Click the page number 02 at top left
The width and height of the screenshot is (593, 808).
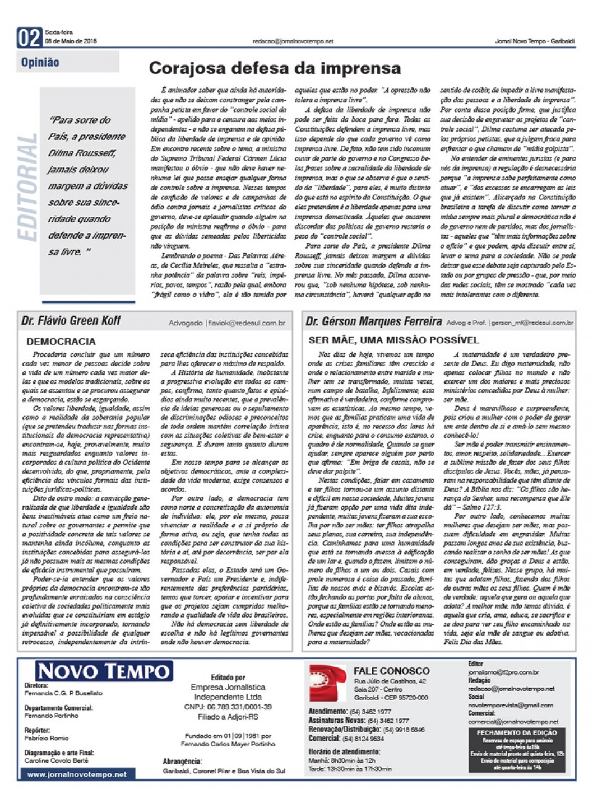29,38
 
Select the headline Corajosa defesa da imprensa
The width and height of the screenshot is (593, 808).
275,68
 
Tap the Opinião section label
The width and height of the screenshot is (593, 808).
40,62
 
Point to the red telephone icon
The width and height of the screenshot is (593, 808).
328,683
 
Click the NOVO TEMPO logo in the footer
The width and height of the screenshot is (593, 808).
104,671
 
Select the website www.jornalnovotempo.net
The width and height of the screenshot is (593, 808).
77,774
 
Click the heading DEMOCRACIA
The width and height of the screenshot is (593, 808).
61,342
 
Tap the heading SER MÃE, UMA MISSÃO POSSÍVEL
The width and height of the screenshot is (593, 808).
393,340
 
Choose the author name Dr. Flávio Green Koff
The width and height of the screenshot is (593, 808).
71,321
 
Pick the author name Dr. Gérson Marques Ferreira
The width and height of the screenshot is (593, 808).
374,321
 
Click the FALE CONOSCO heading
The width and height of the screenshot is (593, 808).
391,671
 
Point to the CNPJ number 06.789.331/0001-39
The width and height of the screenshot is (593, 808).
228,707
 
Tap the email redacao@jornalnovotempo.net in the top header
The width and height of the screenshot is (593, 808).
293,41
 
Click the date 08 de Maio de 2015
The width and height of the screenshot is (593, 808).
71,41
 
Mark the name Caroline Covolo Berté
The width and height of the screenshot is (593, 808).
56,760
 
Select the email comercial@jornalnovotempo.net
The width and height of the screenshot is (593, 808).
513,722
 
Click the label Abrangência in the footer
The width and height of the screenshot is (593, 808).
182,762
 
